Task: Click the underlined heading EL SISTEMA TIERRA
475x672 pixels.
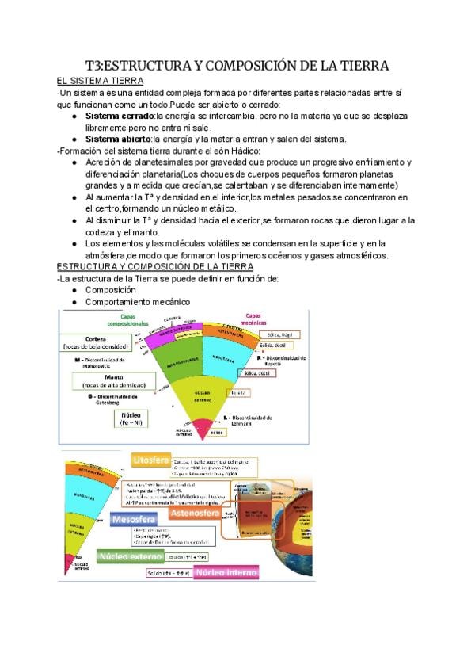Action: coord(100,81)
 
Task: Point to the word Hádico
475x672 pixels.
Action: coord(242,151)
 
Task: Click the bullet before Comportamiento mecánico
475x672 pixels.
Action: coord(74,302)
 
